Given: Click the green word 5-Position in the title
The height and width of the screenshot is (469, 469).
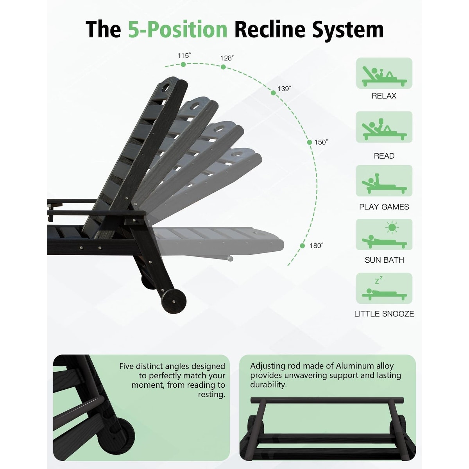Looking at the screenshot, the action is point(178,30).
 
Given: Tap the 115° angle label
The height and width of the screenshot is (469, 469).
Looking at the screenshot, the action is point(184,56).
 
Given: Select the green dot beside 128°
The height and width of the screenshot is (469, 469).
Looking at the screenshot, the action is point(223,67).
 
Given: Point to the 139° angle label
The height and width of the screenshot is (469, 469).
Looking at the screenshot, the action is point(284,89).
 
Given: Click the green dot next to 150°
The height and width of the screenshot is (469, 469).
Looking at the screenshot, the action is point(310,142).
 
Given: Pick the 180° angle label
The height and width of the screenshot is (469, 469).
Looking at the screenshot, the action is point(317,245).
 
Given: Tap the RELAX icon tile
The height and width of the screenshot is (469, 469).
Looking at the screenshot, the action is point(384,73).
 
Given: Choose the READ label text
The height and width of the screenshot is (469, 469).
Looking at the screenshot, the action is point(384,156).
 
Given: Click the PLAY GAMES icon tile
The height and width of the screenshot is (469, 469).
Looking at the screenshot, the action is point(384,181).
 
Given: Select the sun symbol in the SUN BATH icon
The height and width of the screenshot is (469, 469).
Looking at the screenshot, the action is point(392,227).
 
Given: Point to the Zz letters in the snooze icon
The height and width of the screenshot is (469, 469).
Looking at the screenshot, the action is point(379,280).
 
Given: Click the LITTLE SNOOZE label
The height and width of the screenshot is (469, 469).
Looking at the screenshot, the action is point(384,314).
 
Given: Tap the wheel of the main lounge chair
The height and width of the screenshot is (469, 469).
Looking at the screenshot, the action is point(174,301).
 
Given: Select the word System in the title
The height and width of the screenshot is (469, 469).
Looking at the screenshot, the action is point(348,30).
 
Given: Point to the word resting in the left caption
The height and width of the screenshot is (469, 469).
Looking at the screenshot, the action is point(211,394).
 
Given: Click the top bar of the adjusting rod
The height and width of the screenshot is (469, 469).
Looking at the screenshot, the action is point(327,400).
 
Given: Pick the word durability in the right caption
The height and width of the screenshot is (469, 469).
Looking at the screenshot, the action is point(268,385).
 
